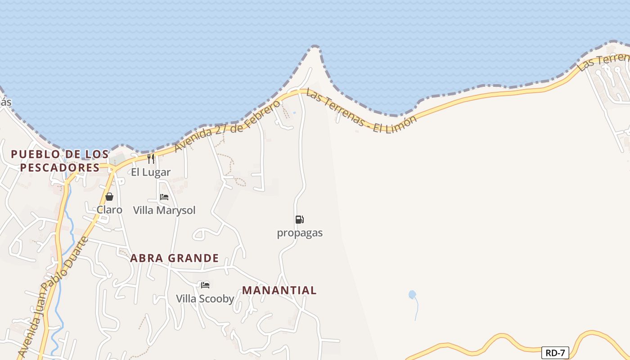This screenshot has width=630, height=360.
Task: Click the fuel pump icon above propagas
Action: click(299, 220)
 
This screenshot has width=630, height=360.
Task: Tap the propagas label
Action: click(300, 233)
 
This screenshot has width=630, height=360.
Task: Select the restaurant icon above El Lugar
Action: click(151, 159)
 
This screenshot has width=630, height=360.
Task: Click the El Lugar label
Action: click(151, 172)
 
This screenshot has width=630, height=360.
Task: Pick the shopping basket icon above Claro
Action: click(109, 197)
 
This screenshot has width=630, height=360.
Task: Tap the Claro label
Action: click(109, 210)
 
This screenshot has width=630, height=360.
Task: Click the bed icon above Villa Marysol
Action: click(164, 197)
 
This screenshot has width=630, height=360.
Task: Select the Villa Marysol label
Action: click(164, 210)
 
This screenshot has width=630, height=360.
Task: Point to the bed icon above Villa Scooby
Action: click(205, 285)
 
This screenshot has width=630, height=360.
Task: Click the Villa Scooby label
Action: click(205, 299)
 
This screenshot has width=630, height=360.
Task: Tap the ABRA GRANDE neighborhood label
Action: click(175, 258)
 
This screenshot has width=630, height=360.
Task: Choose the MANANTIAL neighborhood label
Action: click(279, 290)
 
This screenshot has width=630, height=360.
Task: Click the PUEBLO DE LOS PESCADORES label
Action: click(59, 161)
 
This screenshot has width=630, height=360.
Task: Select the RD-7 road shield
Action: click(555, 353)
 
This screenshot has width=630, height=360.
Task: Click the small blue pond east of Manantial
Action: click(412, 295)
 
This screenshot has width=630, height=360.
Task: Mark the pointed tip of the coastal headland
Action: click(315, 46)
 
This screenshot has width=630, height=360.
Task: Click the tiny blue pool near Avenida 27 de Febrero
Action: click(294, 112)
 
